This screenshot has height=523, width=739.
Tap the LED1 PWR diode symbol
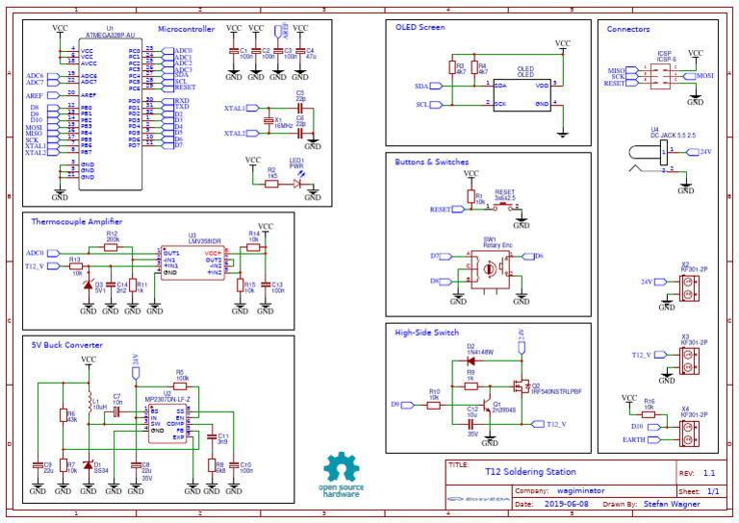[x=296, y=182]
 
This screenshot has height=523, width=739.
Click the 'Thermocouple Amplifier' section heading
[x=76, y=221]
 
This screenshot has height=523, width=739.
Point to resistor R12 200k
[x=112, y=247]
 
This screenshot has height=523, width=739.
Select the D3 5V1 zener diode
[x=88, y=286]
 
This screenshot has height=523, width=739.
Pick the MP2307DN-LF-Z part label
[x=167, y=398]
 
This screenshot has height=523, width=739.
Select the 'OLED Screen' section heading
[x=420, y=28]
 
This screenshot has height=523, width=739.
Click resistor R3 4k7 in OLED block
[x=451, y=68]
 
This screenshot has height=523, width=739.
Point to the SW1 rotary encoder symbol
[x=491, y=268]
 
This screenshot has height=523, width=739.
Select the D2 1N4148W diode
[x=471, y=361]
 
